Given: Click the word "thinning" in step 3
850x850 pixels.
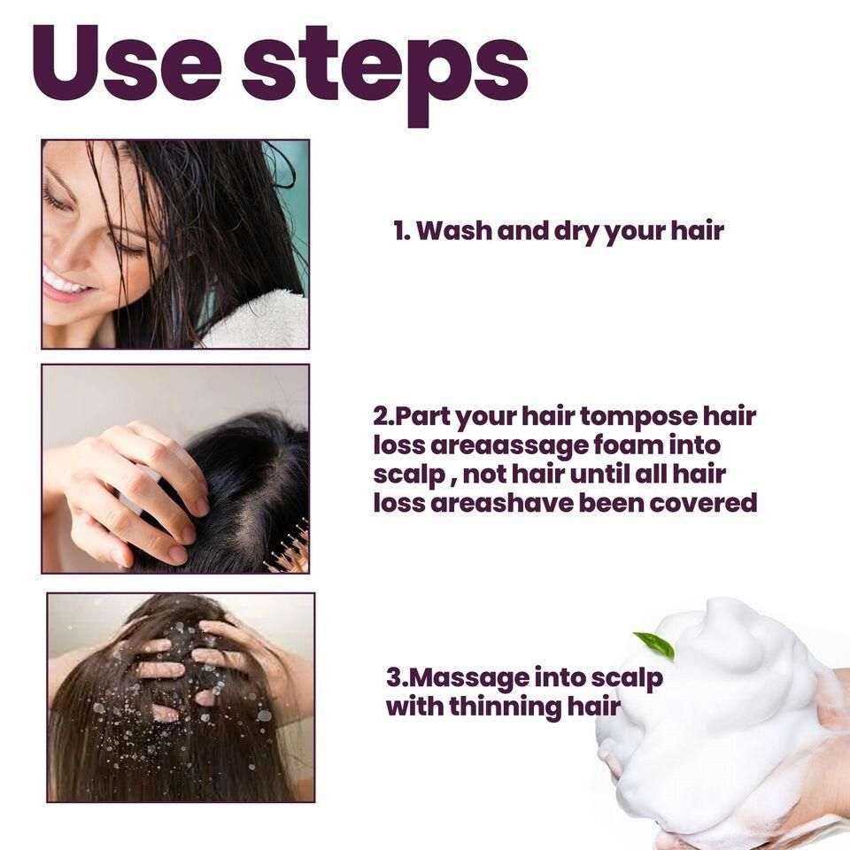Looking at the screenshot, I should click(x=506, y=707).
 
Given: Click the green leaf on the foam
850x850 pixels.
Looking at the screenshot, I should click(x=656, y=645).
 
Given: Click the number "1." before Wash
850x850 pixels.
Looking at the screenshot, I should click(x=401, y=232).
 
